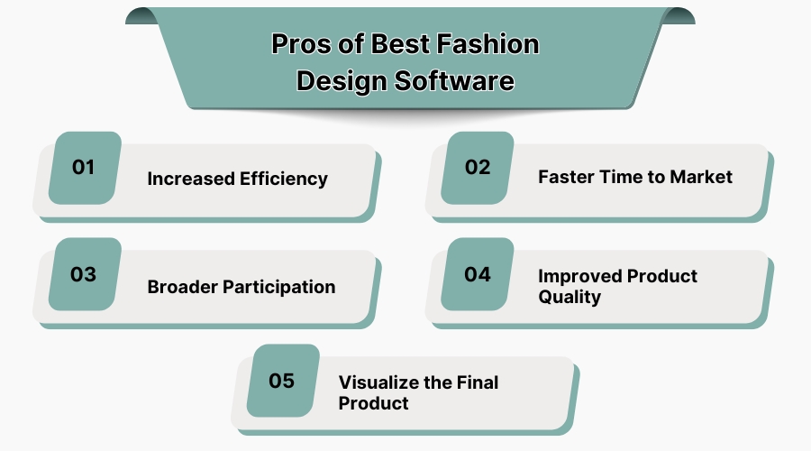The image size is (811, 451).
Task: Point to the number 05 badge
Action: pyautogui.click(x=283, y=380)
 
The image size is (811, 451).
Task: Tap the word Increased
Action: pyautogui.click(x=190, y=179)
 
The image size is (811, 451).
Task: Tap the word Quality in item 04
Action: pyautogui.click(x=570, y=297)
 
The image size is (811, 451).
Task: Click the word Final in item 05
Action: pyautogui.click(x=477, y=382)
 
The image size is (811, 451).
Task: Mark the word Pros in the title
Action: pyautogui.click(x=300, y=45)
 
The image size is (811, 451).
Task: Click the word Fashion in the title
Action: pyautogui.click(x=490, y=45)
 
